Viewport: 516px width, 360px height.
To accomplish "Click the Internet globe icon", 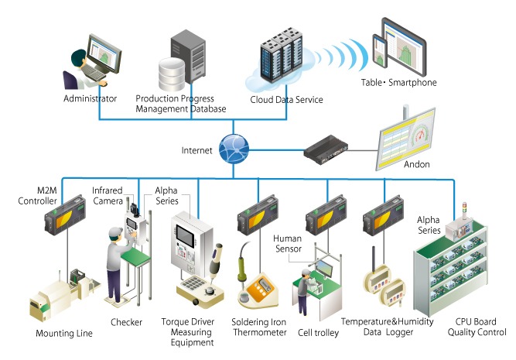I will click(x=231, y=148).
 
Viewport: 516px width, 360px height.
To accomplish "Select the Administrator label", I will click(x=91, y=99).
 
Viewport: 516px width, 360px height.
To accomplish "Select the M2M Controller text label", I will click(x=36, y=197).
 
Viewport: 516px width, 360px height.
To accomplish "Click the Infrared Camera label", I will click(x=108, y=195).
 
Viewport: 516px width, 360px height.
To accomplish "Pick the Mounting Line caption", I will click(x=64, y=334).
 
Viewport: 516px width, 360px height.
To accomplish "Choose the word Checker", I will click(x=128, y=321).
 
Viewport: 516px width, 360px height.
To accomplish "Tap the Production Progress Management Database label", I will click(x=181, y=104).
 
